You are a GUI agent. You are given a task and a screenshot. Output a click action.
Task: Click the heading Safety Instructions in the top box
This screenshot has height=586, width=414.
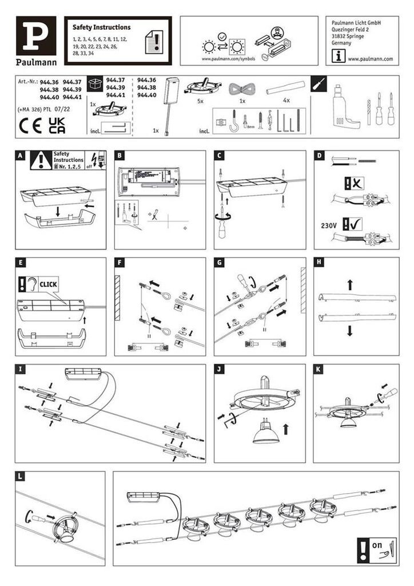tap(101, 27)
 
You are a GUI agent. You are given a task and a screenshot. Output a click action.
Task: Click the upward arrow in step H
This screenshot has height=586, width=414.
tap(349, 284)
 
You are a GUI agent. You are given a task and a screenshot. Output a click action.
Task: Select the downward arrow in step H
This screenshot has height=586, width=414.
tap(349, 331)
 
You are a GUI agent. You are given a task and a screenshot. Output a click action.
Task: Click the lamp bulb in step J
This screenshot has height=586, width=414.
tap(266, 437)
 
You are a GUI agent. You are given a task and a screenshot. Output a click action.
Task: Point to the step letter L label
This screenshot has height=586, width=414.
tap(21, 476)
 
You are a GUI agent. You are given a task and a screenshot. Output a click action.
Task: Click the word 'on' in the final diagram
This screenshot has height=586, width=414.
tap(377, 545)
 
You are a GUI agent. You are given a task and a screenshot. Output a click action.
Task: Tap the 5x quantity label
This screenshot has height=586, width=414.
tap(200, 101)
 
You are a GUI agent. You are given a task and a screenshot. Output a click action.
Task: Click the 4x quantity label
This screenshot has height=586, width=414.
tap(286, 101)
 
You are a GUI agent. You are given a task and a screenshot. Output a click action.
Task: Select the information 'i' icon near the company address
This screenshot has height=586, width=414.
tap(340, 56)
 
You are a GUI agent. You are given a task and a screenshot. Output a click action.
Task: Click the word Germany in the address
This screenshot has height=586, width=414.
tap(341, 42)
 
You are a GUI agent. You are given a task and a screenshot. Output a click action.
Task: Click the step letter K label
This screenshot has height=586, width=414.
tap(319, 369)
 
